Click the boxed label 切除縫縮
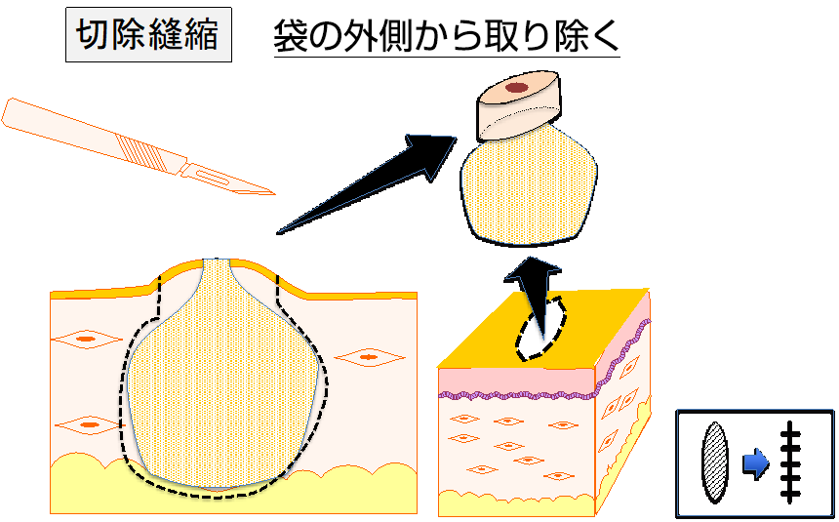pos(148,36)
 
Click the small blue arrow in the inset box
pos(754,464)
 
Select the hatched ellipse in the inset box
pos(715,462)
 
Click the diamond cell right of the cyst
pos(368,358)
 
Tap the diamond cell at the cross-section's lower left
pos(89,425)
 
